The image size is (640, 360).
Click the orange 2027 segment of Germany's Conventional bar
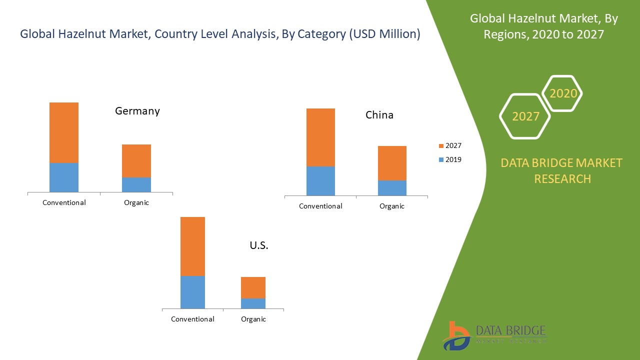click(x=64, y=132)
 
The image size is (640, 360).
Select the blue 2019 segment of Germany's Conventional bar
click(x=64, y=177)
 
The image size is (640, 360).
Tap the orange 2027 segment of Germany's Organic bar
click(x=136, y=160)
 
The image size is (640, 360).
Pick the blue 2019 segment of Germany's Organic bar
click(x=136, y=184)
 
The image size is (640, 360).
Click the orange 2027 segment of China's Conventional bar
click(x=320, y=137)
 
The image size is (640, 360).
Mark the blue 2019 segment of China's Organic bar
click(x=392, y=187)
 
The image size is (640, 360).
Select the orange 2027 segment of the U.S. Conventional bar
click(x=192, y=246)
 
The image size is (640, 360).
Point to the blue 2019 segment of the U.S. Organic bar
click(x=253, y=303)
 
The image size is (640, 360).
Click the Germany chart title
click(x=137, y=111)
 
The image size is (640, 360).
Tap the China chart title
click(x=379, y=115)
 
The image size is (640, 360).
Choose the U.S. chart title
click(x=259, y=245)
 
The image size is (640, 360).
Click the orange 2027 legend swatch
click(x=441, y=146)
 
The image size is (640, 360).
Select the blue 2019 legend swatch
click(x=441, y=160)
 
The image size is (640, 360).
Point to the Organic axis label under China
click(x=392, y=206)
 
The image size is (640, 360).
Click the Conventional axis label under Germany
click(x=64, y=202)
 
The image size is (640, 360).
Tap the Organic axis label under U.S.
click(x=253, y=319)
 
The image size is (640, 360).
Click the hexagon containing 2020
click(x=563, y=93)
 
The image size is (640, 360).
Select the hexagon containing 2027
click(x=525, y=116)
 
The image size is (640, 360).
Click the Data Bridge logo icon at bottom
click(x=456, y=335)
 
